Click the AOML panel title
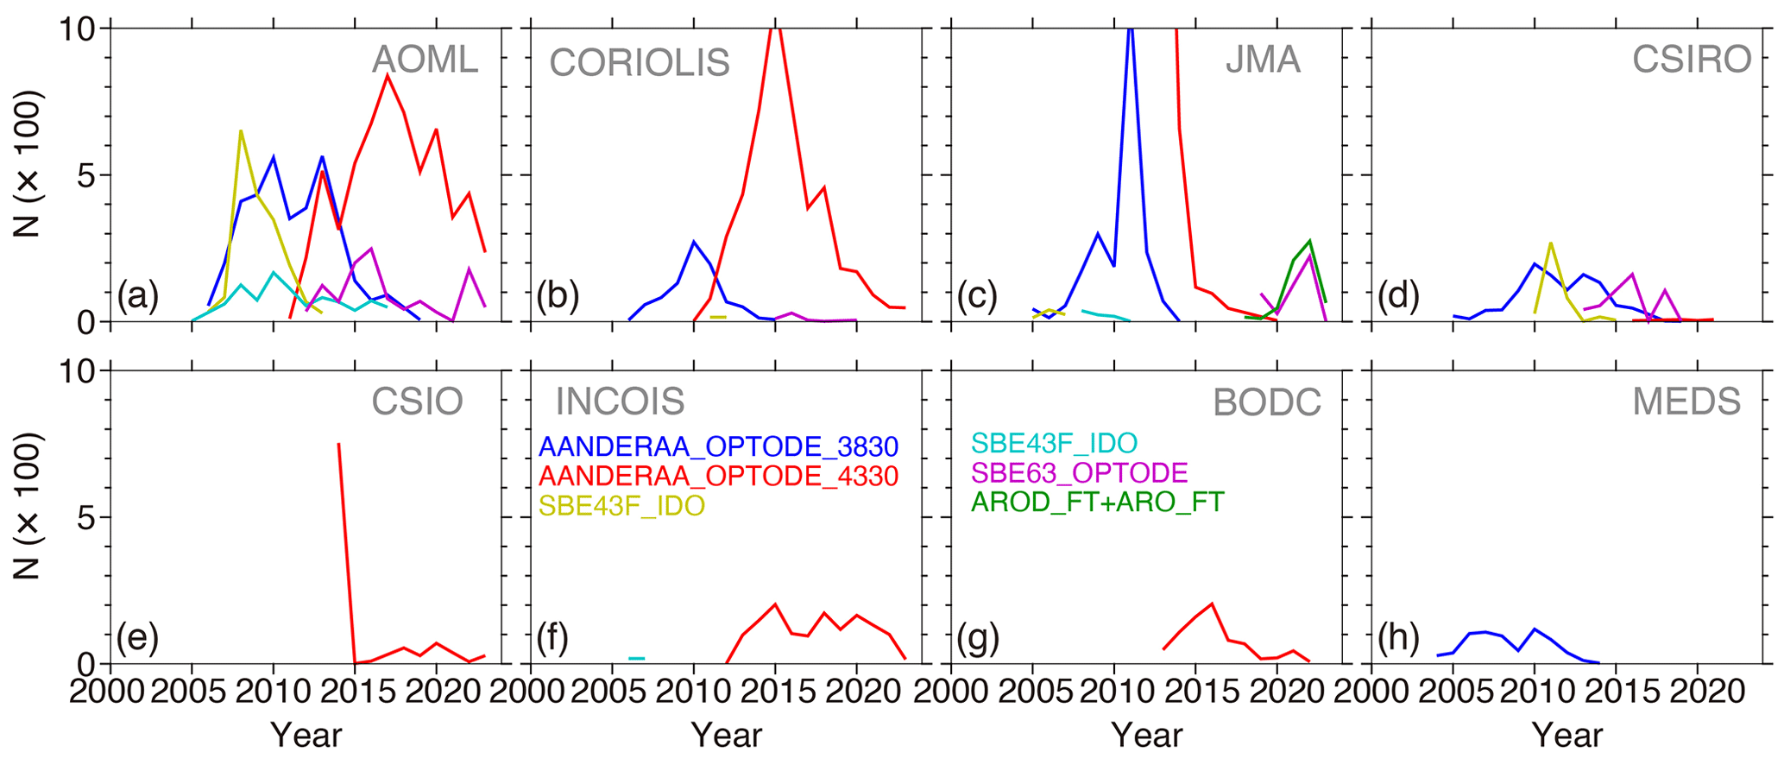pyautogui.click(x=425, y=60)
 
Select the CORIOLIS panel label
pyautogui.click(x=640, y=63)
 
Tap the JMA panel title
pyautogui.click(x=1263, y=60)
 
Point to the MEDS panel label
pyautogui.click(x=1686, y=401)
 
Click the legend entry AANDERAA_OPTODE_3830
pyautogui.click(x=718, y=446)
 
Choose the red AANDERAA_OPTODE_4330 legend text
pyautogui.click(x=718, y=476)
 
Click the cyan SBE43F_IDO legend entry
pyautogui.click(x=1054, y=444)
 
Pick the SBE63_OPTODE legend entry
pyautogui.click(x=1080, y=473)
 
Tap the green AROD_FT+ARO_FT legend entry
pyautogui.click(x=1097, y=503)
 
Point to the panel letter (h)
pyautogui.click(x=1398, y=638)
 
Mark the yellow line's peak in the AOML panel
pyautogui.click(x=241, y=131)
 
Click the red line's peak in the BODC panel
pyautogui.click(x=1213, y=604)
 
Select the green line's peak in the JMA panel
pyautogui.click(x=1310, y=241)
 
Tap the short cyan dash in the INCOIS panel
pyautogui.click(x=636, y=659)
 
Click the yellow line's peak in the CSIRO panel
pyautogui.click(x=1551, y=243)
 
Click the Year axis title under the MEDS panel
pyautogui.click(x=1567, y=736)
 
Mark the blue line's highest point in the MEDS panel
pyautogui.click(x=1535, y=629)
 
